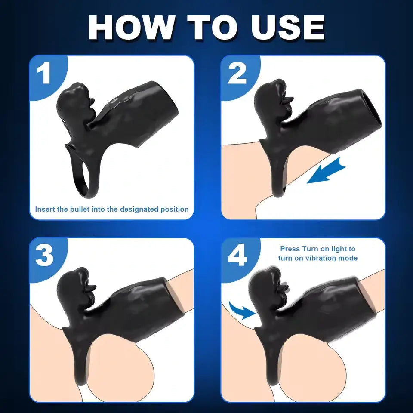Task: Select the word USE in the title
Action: point(288,28)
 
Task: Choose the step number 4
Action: point(237,256)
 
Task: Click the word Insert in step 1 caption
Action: point(45,210)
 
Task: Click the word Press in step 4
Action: point(290,249)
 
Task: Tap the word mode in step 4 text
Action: point(349,258)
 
